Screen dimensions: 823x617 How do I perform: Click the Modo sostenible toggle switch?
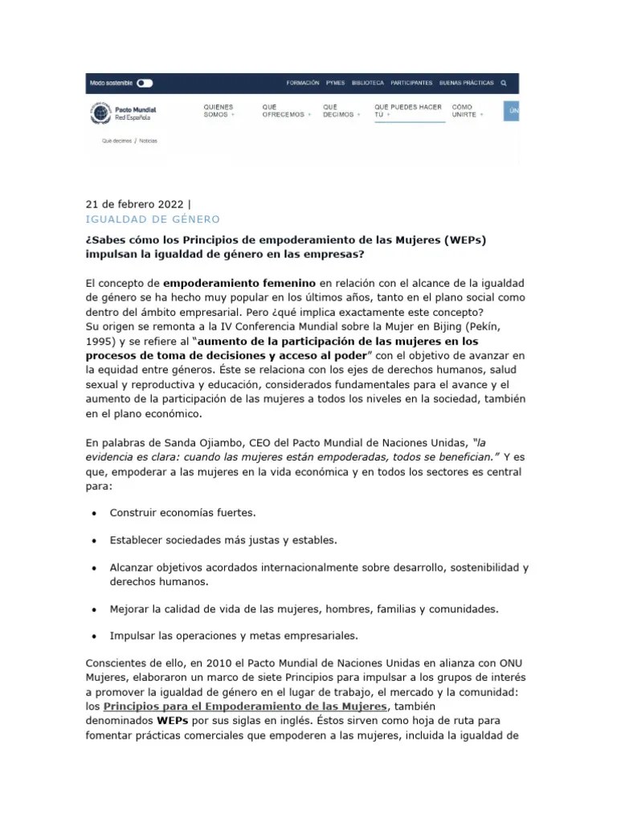[145, 83]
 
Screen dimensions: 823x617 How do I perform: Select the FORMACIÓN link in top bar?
[303, 83]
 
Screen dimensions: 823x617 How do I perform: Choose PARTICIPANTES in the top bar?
[411, 83]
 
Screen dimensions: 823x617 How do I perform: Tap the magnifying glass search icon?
[504, 83]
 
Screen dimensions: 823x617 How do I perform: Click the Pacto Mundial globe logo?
[101, 113]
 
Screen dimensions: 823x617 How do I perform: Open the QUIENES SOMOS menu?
[219, 111]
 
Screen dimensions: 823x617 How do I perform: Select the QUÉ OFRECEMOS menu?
[283, 111]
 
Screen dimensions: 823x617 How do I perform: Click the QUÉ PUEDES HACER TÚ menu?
[408, 111]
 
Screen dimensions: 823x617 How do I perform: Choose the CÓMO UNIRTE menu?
[467, 111]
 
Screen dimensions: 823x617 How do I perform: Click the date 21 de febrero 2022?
[135, 203]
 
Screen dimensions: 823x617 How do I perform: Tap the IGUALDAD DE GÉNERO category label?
[152, 219]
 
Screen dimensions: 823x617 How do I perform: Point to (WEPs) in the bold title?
[463, 239]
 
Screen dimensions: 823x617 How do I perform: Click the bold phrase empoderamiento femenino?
[239, 283]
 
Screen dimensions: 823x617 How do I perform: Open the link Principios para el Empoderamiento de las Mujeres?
[246, 706]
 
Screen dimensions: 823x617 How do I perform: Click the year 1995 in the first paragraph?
[100, 341]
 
